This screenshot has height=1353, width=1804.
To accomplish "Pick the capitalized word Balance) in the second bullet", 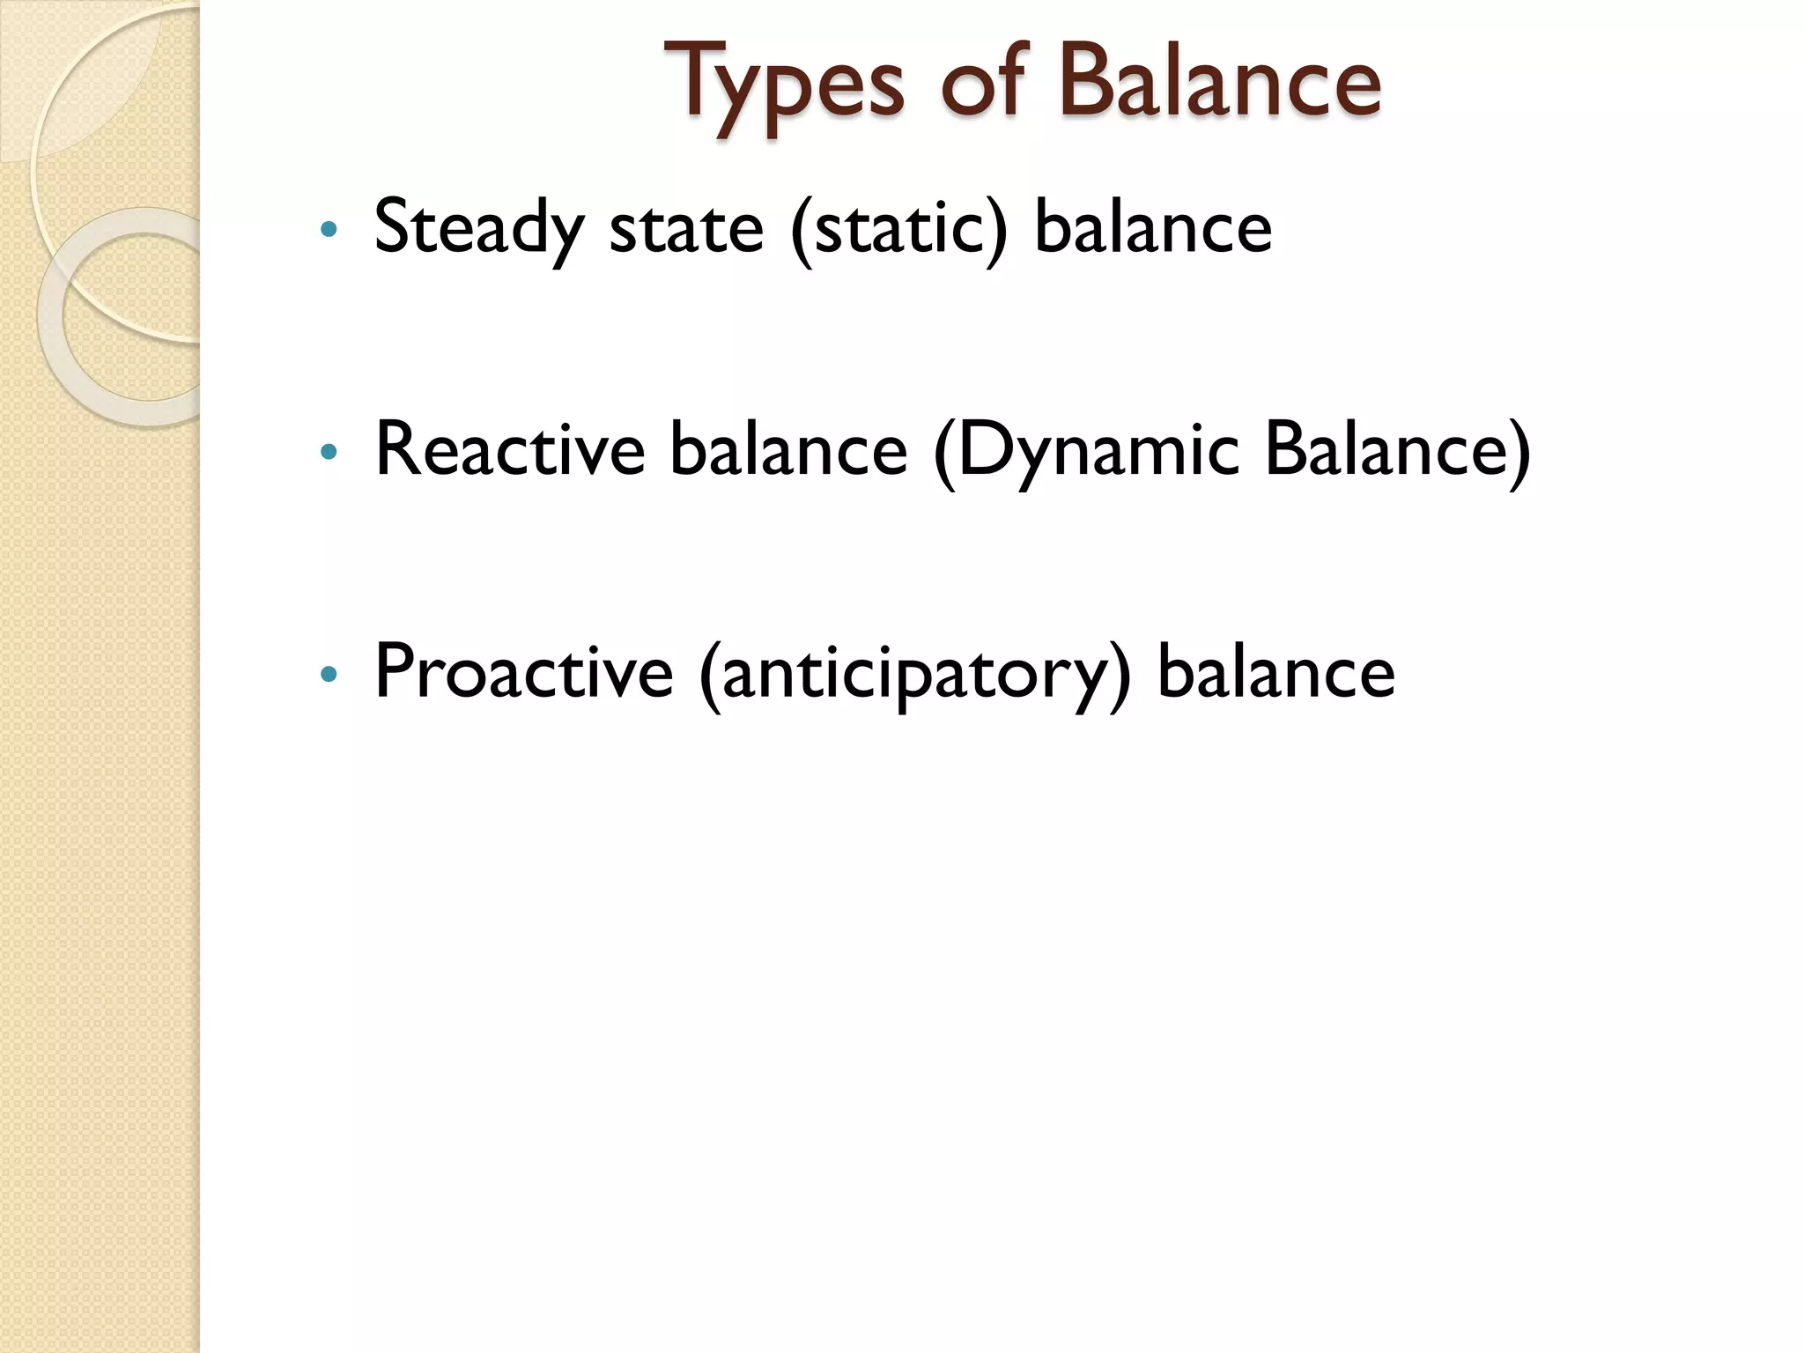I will click(x=1397, y=450).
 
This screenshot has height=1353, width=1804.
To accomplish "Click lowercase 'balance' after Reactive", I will click(x=787, y=450).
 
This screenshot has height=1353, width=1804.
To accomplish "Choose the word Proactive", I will click(x=524, y=672).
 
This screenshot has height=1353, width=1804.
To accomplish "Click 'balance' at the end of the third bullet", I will click(x=1275, y=672).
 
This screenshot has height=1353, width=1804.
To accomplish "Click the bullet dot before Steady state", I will click(x=329, y=231).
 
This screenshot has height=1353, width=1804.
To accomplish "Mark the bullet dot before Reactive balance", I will click(x=329, y=453).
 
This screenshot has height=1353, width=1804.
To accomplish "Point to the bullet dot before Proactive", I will click(x=329, y=675).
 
